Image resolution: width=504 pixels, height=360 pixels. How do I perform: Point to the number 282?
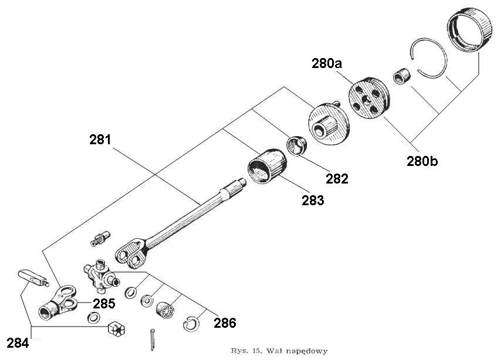337,178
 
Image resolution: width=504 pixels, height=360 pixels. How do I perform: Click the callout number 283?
313,200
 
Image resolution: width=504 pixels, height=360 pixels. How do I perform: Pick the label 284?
18,342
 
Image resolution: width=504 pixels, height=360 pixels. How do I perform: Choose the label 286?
225,322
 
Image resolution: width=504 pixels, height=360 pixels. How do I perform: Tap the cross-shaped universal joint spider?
100,274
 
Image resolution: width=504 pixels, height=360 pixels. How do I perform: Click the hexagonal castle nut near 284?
117,330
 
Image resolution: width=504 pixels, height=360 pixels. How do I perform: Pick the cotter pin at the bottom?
153,339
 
